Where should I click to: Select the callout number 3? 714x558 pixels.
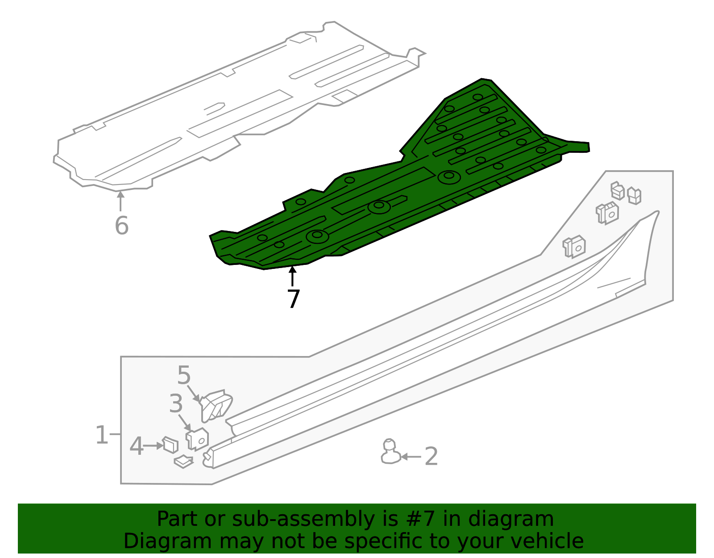tap(176, 404)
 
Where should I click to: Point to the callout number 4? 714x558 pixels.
tap(137, 446)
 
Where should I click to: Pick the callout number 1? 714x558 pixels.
tap(102, 435)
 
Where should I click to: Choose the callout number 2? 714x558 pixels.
tap(431, 457)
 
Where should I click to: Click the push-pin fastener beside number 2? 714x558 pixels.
tap(390, 452)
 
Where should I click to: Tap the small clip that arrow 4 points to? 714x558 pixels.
tap(170, 445)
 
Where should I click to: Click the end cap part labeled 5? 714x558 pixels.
tap(217, 405)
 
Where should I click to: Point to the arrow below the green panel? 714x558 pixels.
tap(292, 276)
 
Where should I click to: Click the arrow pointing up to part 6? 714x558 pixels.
tap(120, 201)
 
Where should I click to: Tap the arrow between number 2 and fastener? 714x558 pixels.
tap(411, 457)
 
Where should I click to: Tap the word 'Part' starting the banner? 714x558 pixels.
tap(175, 519)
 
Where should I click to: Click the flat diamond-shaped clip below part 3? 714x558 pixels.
tap(183, 462)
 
